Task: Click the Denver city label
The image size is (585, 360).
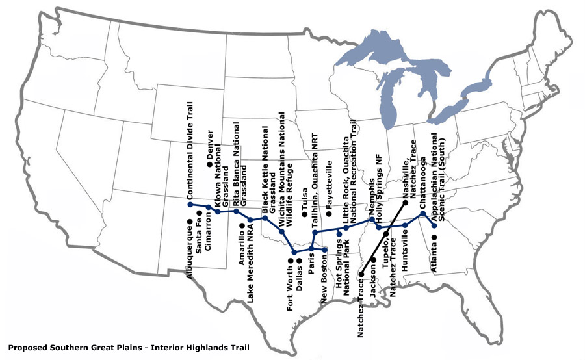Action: point(210,144)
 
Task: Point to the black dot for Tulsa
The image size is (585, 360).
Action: point(304,214)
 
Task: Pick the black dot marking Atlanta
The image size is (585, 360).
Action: point(434,236)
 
